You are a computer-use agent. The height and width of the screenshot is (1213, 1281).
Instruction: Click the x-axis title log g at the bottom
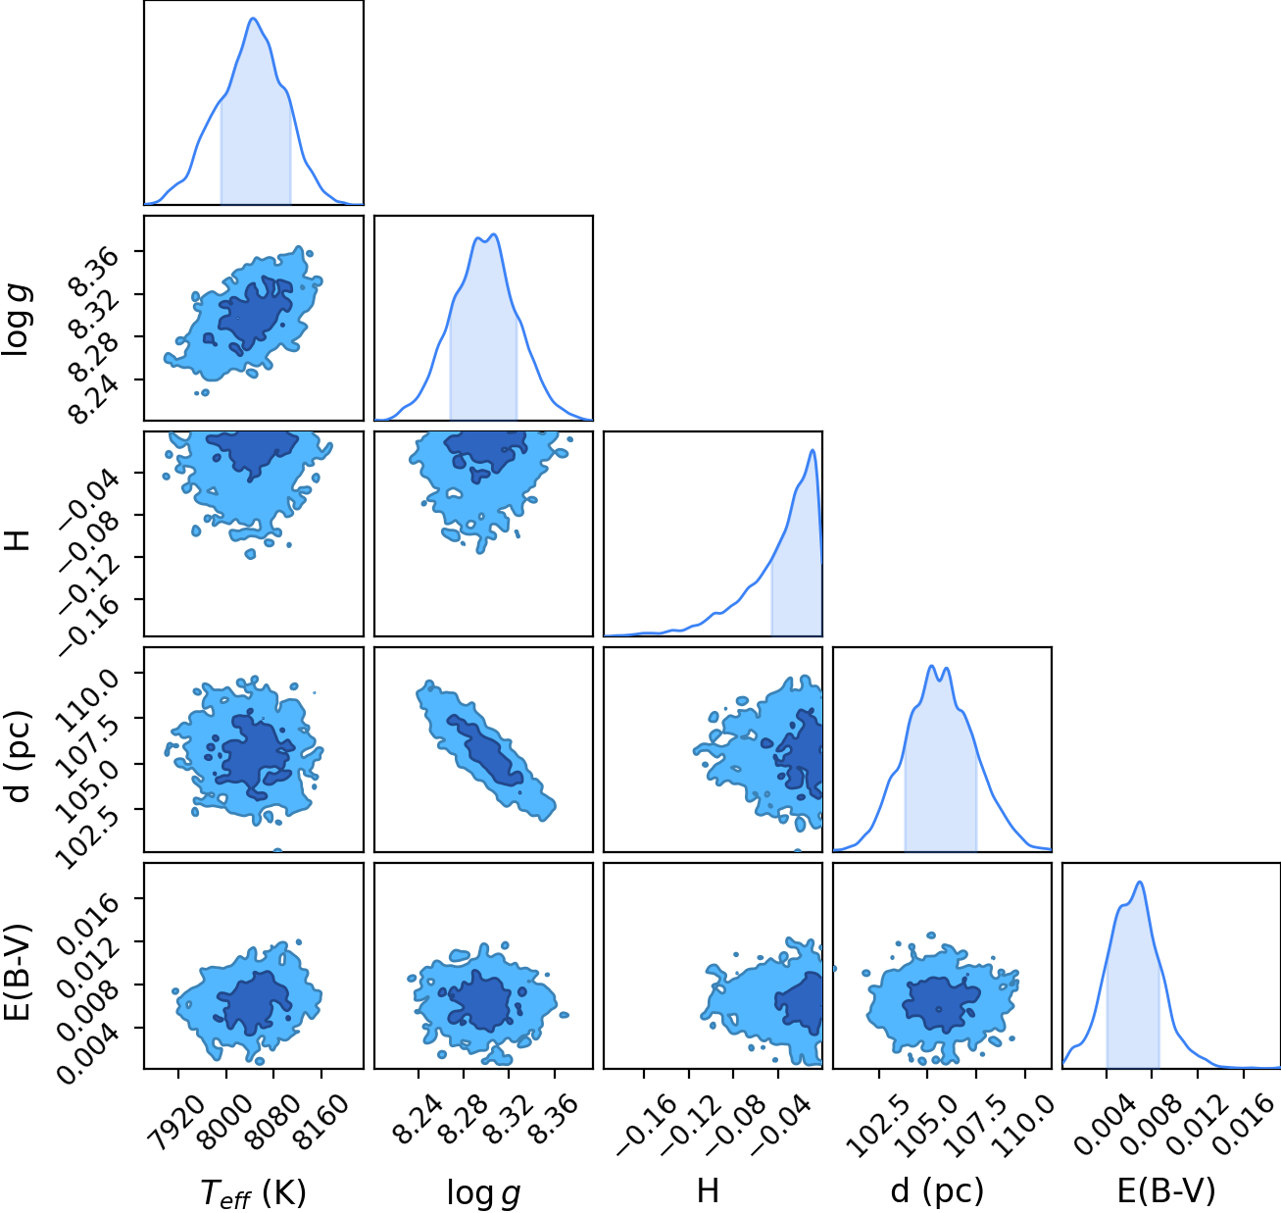click(483, 1192)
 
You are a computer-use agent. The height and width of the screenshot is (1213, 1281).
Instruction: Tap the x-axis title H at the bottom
click(709, 1190)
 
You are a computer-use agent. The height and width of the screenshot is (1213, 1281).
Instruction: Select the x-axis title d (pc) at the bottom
click(937, 1191)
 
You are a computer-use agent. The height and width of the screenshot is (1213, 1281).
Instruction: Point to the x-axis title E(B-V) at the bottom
click(1166, 1190)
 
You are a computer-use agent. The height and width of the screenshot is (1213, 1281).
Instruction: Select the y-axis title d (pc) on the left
click(20, 755)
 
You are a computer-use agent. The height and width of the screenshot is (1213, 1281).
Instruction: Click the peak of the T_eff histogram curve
click(254, 19)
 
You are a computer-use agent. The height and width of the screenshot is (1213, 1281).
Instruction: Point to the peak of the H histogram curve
click(812, 449)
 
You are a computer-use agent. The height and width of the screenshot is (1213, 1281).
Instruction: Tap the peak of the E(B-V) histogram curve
click(1140, 882)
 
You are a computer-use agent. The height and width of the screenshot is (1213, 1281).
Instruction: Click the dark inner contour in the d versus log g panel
click(485, 749)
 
